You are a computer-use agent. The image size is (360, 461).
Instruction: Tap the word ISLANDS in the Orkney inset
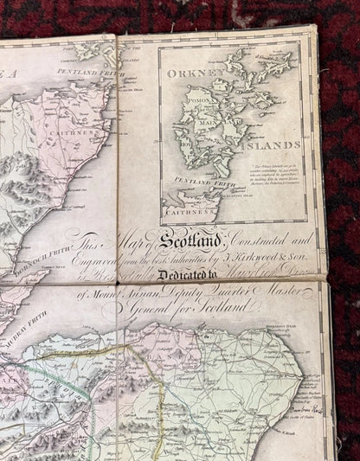277,144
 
